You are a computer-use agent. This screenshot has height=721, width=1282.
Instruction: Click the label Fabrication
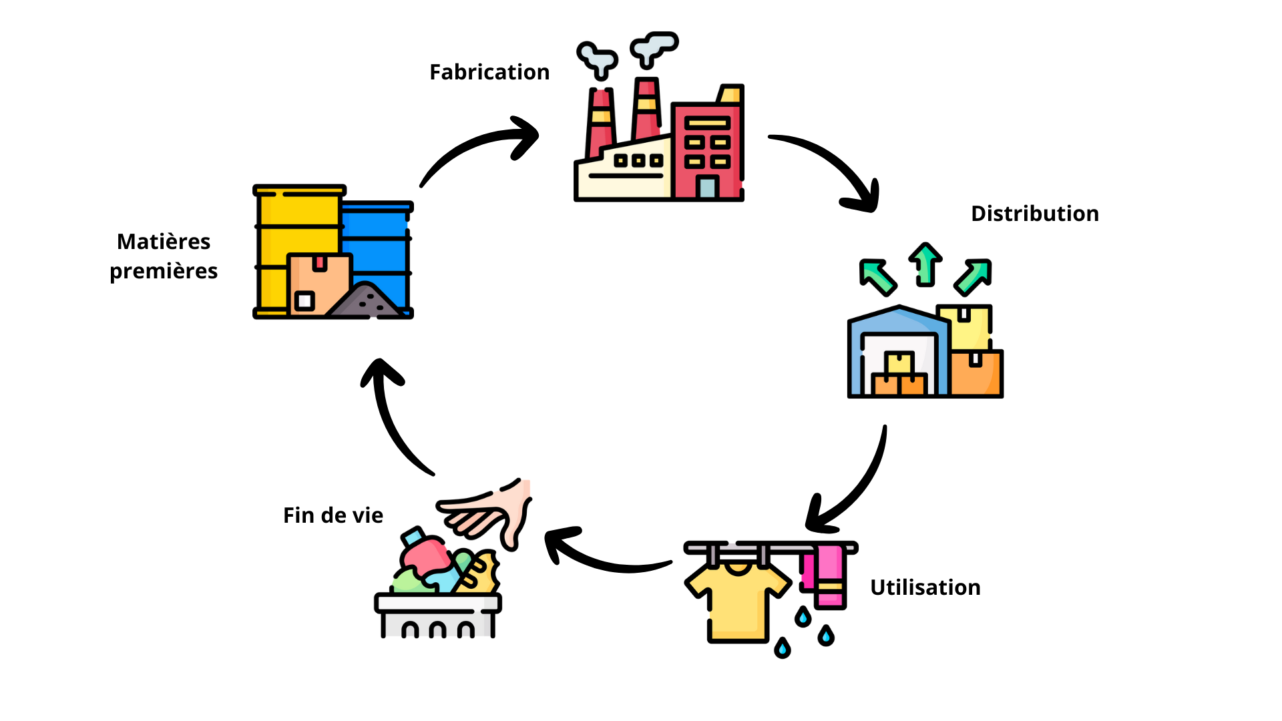tap(489, 72)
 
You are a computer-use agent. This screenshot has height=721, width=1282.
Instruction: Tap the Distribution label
tap(1034, 214)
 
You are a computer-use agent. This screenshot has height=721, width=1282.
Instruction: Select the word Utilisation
tap(925, 587)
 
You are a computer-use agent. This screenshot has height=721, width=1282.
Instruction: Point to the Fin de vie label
tap(333, 515)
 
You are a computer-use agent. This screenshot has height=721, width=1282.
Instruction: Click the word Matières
tap(164, 242)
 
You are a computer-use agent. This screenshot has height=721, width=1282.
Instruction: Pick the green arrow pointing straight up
tap(925, 264)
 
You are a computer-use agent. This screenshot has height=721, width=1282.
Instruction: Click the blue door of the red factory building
tap(707, 187)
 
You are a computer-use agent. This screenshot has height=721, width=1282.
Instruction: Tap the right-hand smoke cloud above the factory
tap(654, 47)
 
